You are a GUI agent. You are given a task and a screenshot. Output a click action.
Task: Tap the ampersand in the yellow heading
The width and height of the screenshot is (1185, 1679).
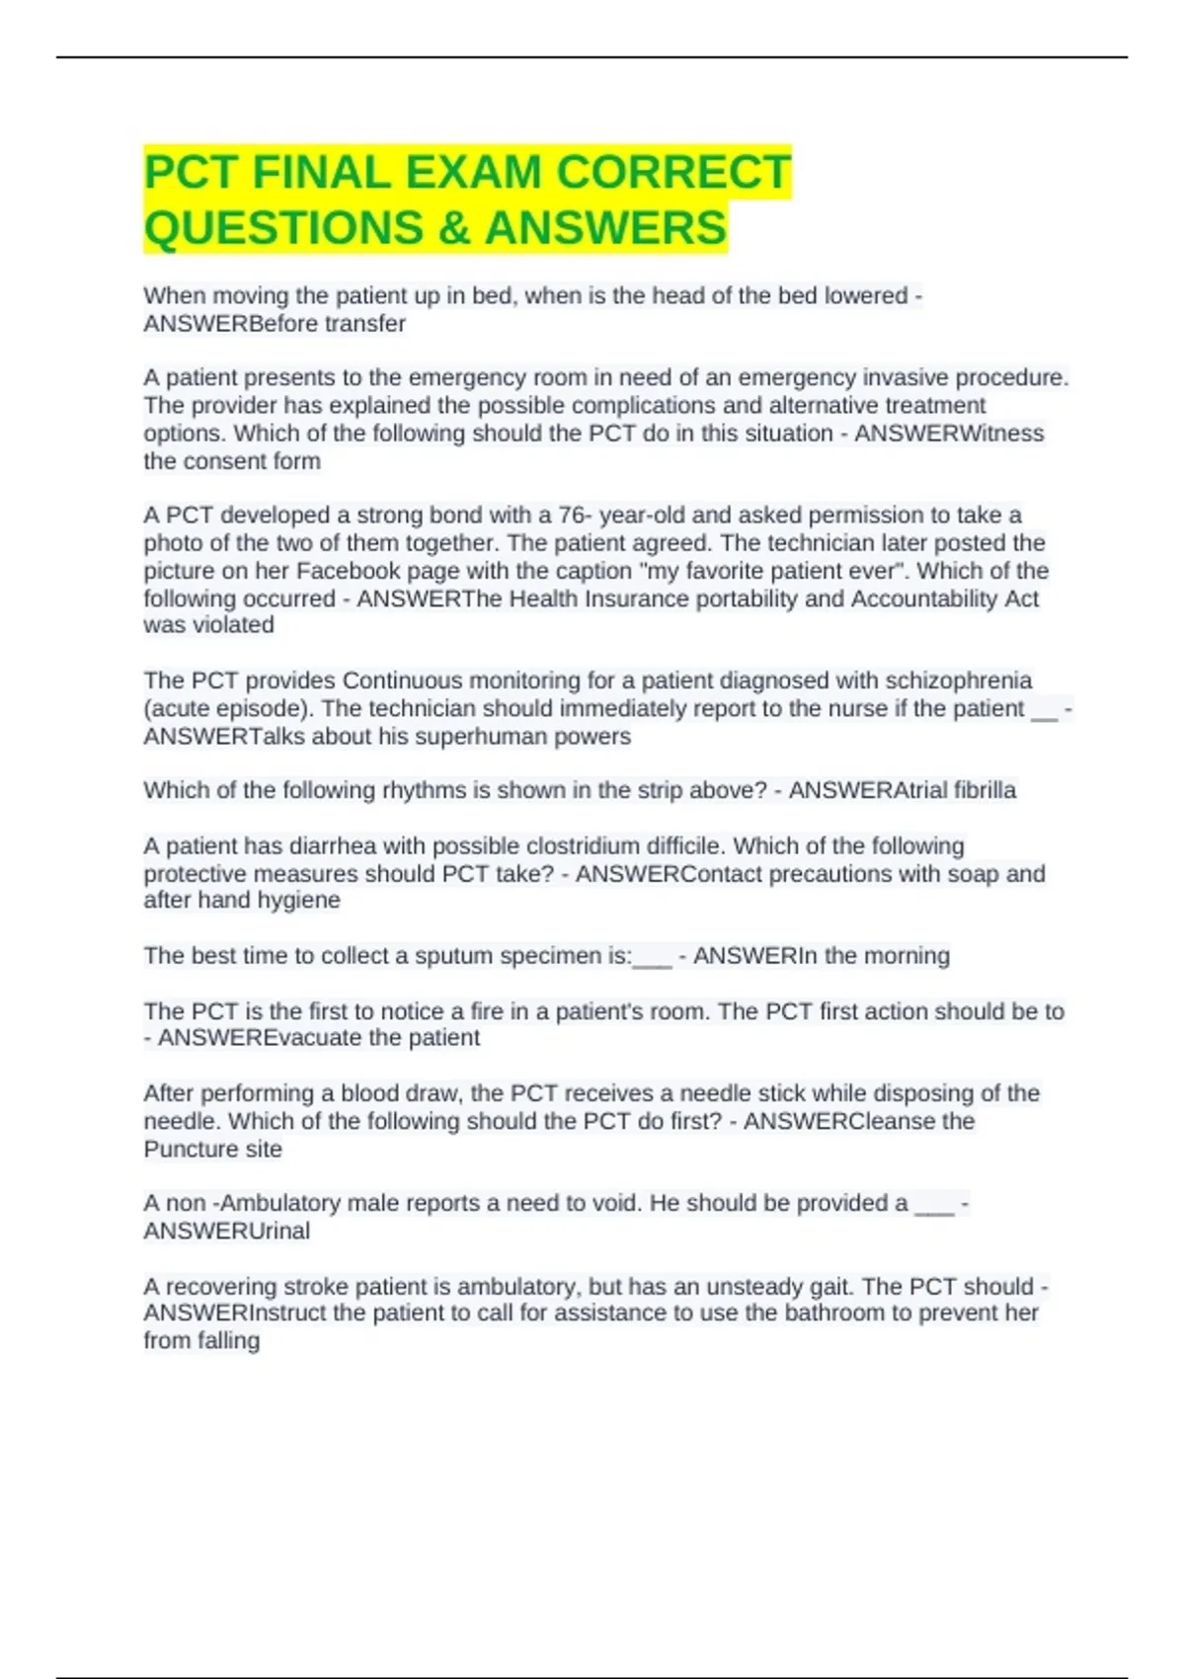tap(453, 228)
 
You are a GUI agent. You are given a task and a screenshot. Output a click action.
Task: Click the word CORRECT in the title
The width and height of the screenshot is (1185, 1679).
tap(673, 172)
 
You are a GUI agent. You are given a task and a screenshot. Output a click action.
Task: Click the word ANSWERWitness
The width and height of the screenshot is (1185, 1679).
tap(949, 434)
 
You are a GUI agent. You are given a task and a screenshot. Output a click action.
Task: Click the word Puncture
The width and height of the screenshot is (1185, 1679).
tap(185, 1150)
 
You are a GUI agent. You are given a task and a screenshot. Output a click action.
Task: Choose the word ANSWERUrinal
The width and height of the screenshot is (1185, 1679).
tap(226, 1232)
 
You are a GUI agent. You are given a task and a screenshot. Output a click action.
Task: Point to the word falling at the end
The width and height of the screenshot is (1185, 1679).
tap(228, 1341)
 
